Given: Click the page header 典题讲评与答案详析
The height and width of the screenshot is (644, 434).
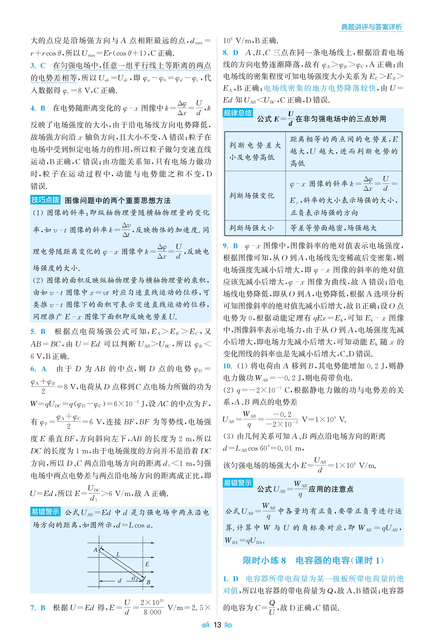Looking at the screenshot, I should pos(371,27).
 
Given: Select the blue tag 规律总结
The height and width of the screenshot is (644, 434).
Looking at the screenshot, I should pos(237,113).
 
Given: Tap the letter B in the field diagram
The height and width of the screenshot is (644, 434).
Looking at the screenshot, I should pos(148,582).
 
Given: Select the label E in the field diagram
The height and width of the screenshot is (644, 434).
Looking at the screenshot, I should pos(147,564).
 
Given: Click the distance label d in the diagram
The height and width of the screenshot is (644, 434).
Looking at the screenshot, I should pos(120,580).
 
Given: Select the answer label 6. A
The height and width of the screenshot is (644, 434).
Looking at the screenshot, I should pos(38,369).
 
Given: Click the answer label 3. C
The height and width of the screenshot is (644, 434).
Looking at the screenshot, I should pos(38,66).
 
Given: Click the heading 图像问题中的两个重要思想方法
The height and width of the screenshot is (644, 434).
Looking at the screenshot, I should pos(118,200).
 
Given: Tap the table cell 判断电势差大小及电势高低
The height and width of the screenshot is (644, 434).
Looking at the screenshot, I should pos(255,151).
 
